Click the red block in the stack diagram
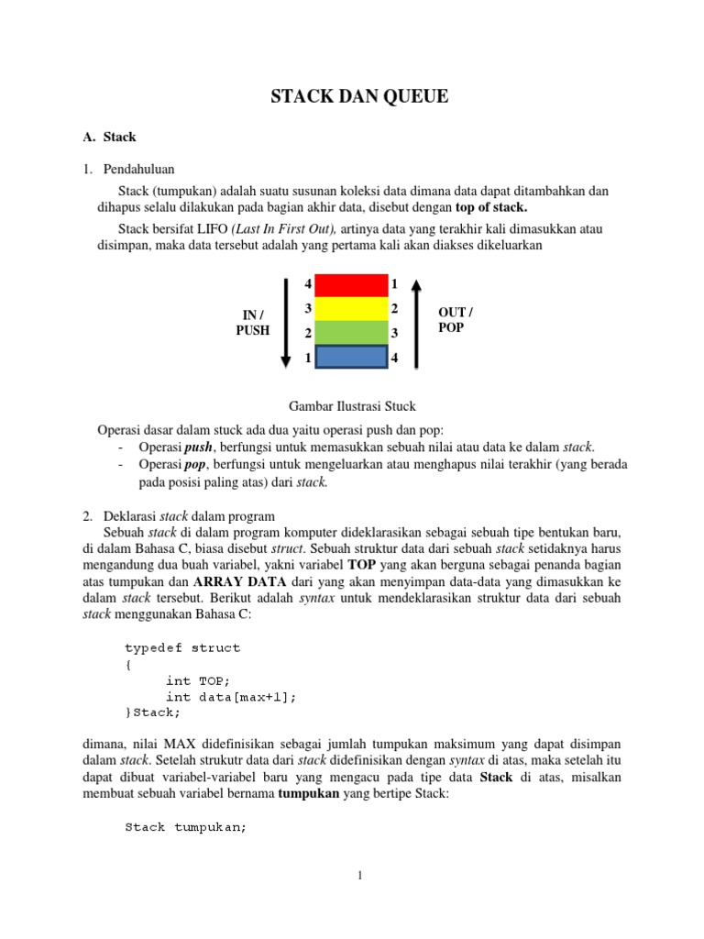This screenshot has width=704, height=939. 351,285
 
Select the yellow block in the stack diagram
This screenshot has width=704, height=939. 351,308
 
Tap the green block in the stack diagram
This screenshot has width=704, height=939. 351,332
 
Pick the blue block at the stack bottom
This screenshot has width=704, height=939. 351,357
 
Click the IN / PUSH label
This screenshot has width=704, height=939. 253,322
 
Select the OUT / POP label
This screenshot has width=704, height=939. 456,319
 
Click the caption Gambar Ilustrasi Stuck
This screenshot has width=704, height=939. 352,406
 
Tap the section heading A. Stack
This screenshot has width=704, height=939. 109,138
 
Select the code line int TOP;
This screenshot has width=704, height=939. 198,680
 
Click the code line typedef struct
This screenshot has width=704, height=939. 182,647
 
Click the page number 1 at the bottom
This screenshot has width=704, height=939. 360,876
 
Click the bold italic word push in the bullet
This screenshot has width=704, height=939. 198,447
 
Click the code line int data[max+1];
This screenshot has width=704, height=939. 231,697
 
